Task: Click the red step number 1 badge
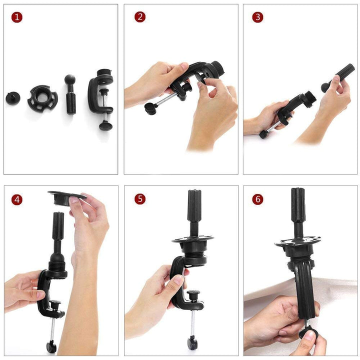click(17, 17)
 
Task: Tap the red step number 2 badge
click(140, 17)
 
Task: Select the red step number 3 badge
click(257, 17)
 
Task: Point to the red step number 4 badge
click(17, 199)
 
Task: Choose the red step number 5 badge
click(140, 199)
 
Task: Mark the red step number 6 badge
click(257, 199)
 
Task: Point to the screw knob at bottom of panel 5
click(192, 343)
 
